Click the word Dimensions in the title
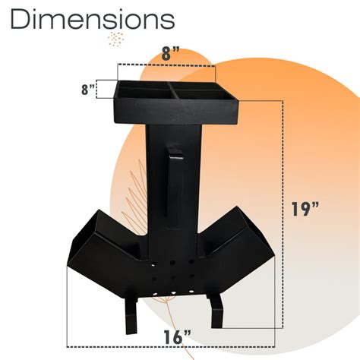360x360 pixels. [91, 20]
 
